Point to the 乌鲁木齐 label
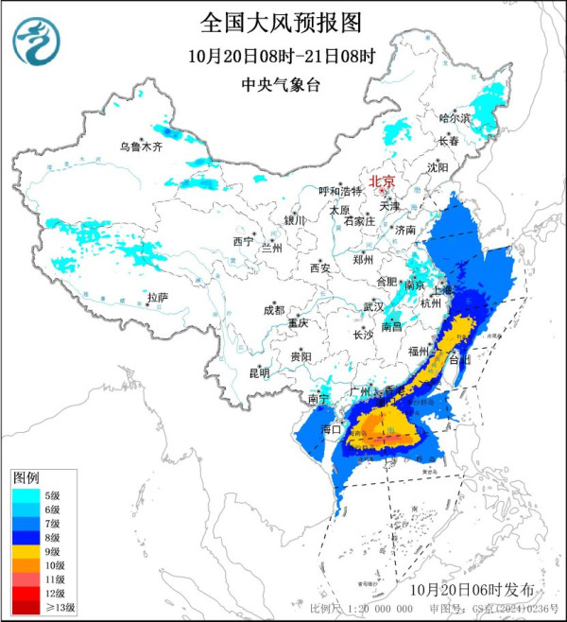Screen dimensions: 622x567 tap(141, 147)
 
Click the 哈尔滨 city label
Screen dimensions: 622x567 tap(455, 118)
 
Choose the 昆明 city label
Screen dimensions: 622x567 tap(259, 372)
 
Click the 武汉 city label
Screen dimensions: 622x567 tap(373, 306)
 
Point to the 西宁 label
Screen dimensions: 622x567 tap(243, 242)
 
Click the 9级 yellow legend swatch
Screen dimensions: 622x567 tap(26, 550)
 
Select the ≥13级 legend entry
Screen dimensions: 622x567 tap(38, 607)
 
